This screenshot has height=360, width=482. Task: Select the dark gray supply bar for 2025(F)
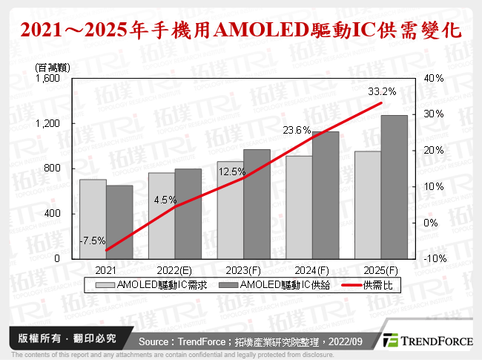click(x=394, y=187)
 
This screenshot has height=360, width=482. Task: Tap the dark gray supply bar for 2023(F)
click(x=257, y=204)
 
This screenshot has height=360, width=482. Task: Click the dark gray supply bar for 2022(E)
click(x=188, y=214)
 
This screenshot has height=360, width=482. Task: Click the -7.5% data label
click(x=93, y=240)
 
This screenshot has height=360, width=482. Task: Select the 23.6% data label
click(x=297, y=130)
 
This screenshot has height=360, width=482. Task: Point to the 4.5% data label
click(x=165, y=200)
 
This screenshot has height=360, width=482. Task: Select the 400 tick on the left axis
click(x=55, y=214)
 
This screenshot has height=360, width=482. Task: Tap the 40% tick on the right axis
click(x=434, y=78)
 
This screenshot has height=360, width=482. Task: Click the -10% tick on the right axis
click(x=434, y=258)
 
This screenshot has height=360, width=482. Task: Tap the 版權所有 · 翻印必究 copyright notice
click(x=67, y=338)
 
